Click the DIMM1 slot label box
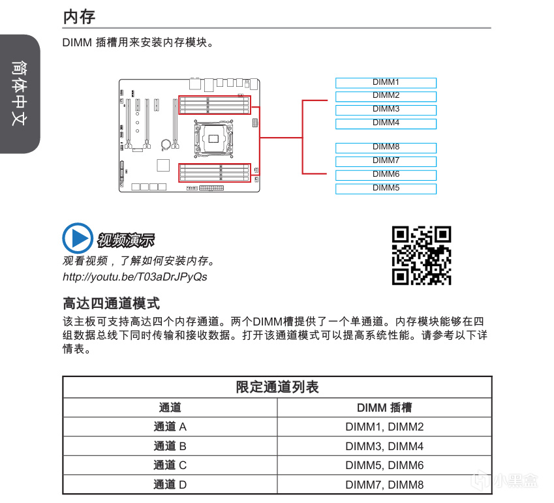[386, 83]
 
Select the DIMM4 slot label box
[386, 124]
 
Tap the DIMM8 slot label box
[386, 147]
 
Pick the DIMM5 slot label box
[386, 189]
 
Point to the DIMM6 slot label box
[386, 175]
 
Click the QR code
[422, 255]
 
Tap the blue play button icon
[78, 238]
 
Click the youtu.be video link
[135, 277]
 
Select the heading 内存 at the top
[79, 17]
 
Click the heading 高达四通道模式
[112, 303]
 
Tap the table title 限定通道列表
[277, 387]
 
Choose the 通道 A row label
[170, 427]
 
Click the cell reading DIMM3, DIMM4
[384, 446]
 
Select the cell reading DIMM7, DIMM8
[384, 485]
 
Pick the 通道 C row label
[170, 465]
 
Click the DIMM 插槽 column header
[384, 408]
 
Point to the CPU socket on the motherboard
[213, 139]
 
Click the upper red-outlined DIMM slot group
[215, 105]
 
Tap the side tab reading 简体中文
[20, 94]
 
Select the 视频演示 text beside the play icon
[126, 240]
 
